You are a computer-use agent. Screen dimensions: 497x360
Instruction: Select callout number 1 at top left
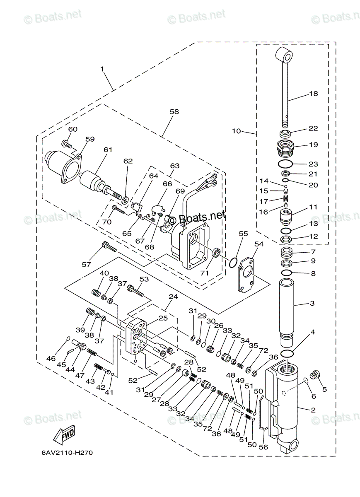102,69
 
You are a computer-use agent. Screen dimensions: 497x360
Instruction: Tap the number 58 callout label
174,112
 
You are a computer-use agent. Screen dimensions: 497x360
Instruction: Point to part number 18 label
313,94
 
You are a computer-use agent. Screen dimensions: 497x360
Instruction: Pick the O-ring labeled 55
233,262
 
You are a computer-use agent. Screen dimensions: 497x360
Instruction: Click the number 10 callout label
236,131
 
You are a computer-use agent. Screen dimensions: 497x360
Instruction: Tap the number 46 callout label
51,358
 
